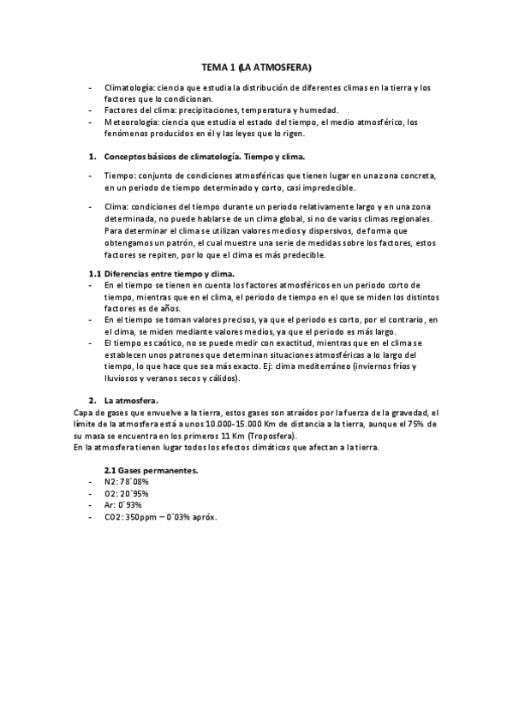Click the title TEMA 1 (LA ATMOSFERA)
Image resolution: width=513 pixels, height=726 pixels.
(255, 66)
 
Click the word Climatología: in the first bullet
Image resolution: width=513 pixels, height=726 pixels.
(128, 88)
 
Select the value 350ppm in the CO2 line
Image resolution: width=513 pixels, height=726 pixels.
(143, 517)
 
